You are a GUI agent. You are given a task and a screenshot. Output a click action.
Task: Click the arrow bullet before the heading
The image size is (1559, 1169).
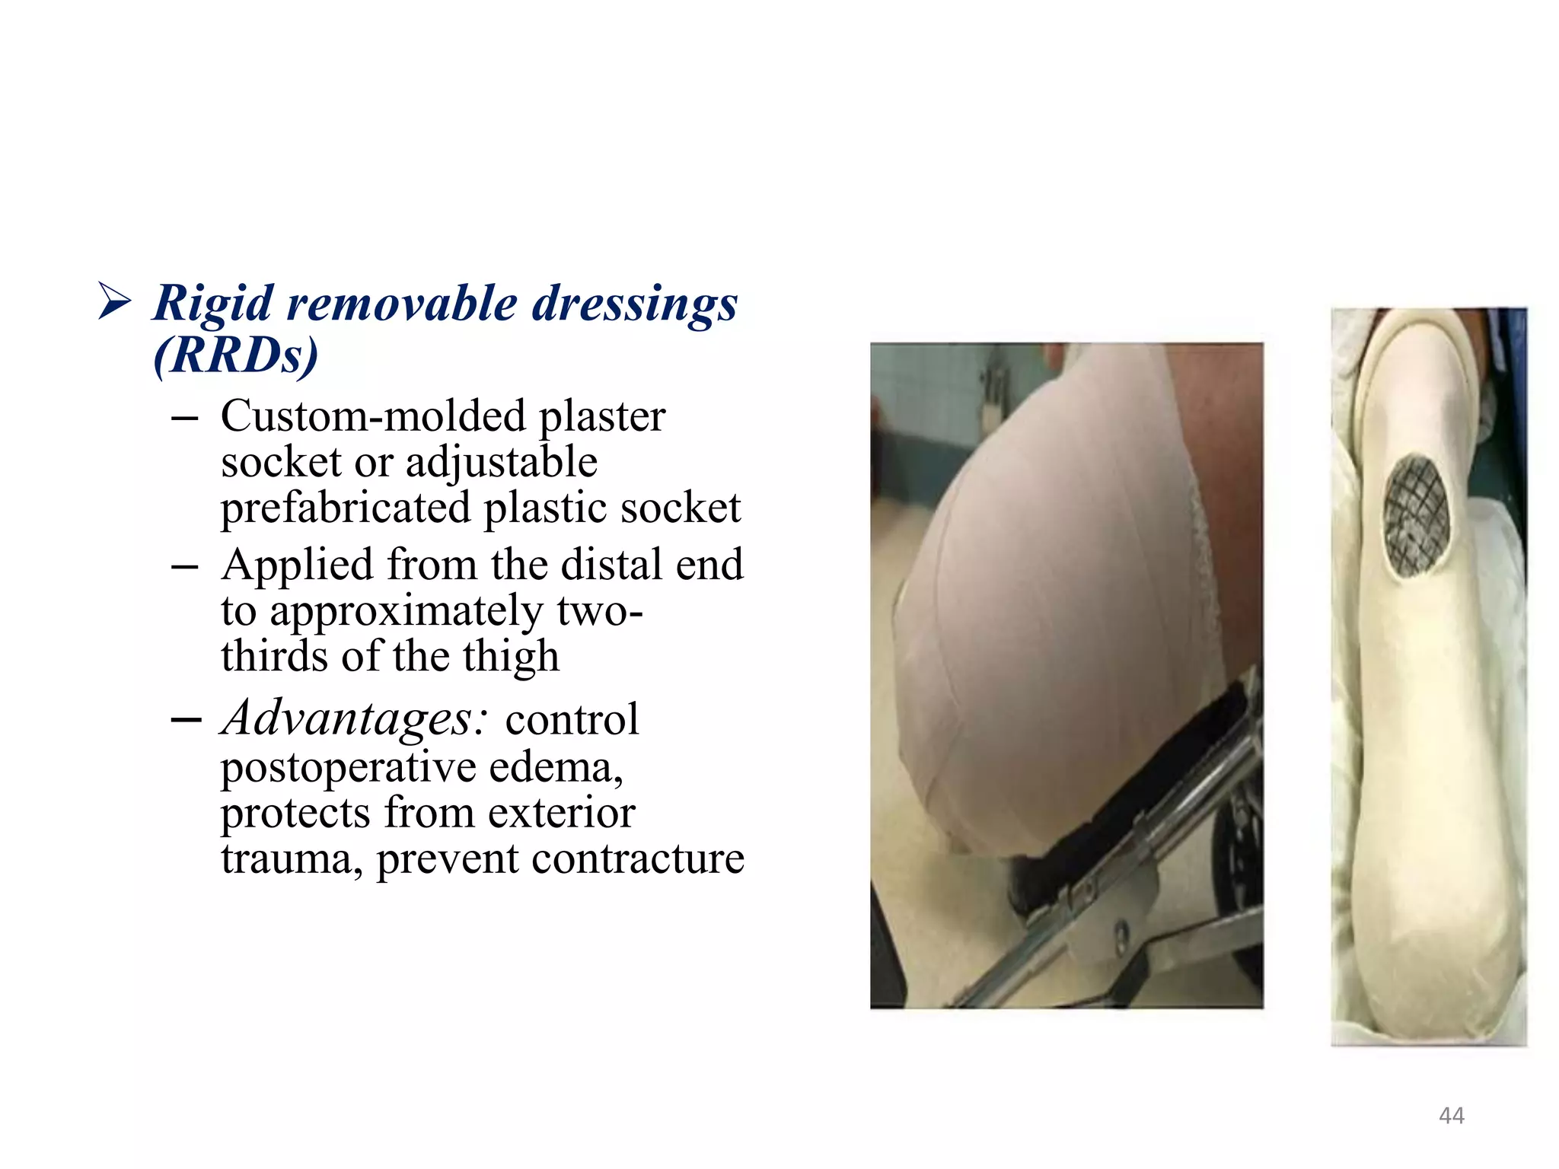pos(115,301)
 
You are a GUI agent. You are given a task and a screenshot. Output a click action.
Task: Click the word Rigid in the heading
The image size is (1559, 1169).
pos(213,304)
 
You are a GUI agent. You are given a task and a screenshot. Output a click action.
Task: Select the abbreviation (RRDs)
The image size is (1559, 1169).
pos(235,355)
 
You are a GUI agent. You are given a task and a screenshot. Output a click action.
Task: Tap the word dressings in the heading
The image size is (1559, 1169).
pos(634,304)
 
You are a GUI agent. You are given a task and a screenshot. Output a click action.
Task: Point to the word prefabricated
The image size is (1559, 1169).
pos(345,508)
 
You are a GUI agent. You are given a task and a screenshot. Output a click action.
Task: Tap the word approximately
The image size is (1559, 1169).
pos(406,611)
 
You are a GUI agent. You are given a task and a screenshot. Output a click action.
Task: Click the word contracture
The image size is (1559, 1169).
pos(637,858)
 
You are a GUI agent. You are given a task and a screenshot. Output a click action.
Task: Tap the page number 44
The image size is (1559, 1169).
pos(1451,1116)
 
